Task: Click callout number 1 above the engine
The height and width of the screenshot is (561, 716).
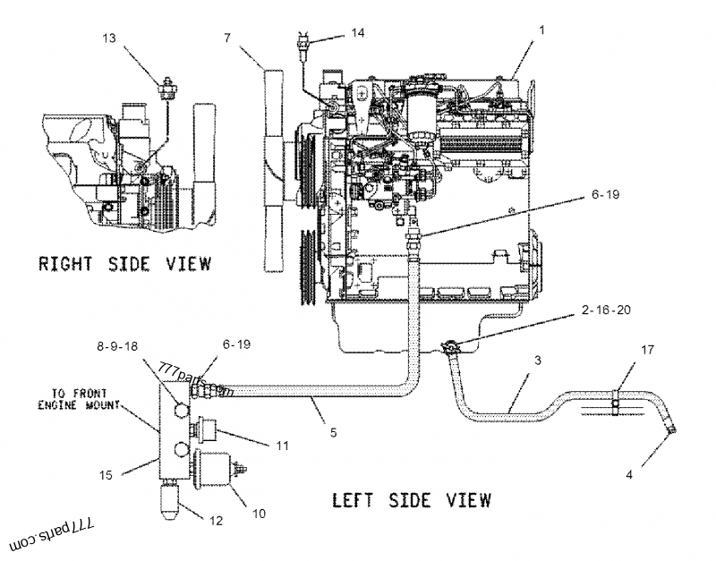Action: pyautogui.click(x=541, y=30)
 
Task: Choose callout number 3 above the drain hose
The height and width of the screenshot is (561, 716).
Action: pyautogui.click(x=537, y=360)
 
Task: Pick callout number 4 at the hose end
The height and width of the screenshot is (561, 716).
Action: pyautogui.click(x=629, y=474)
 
